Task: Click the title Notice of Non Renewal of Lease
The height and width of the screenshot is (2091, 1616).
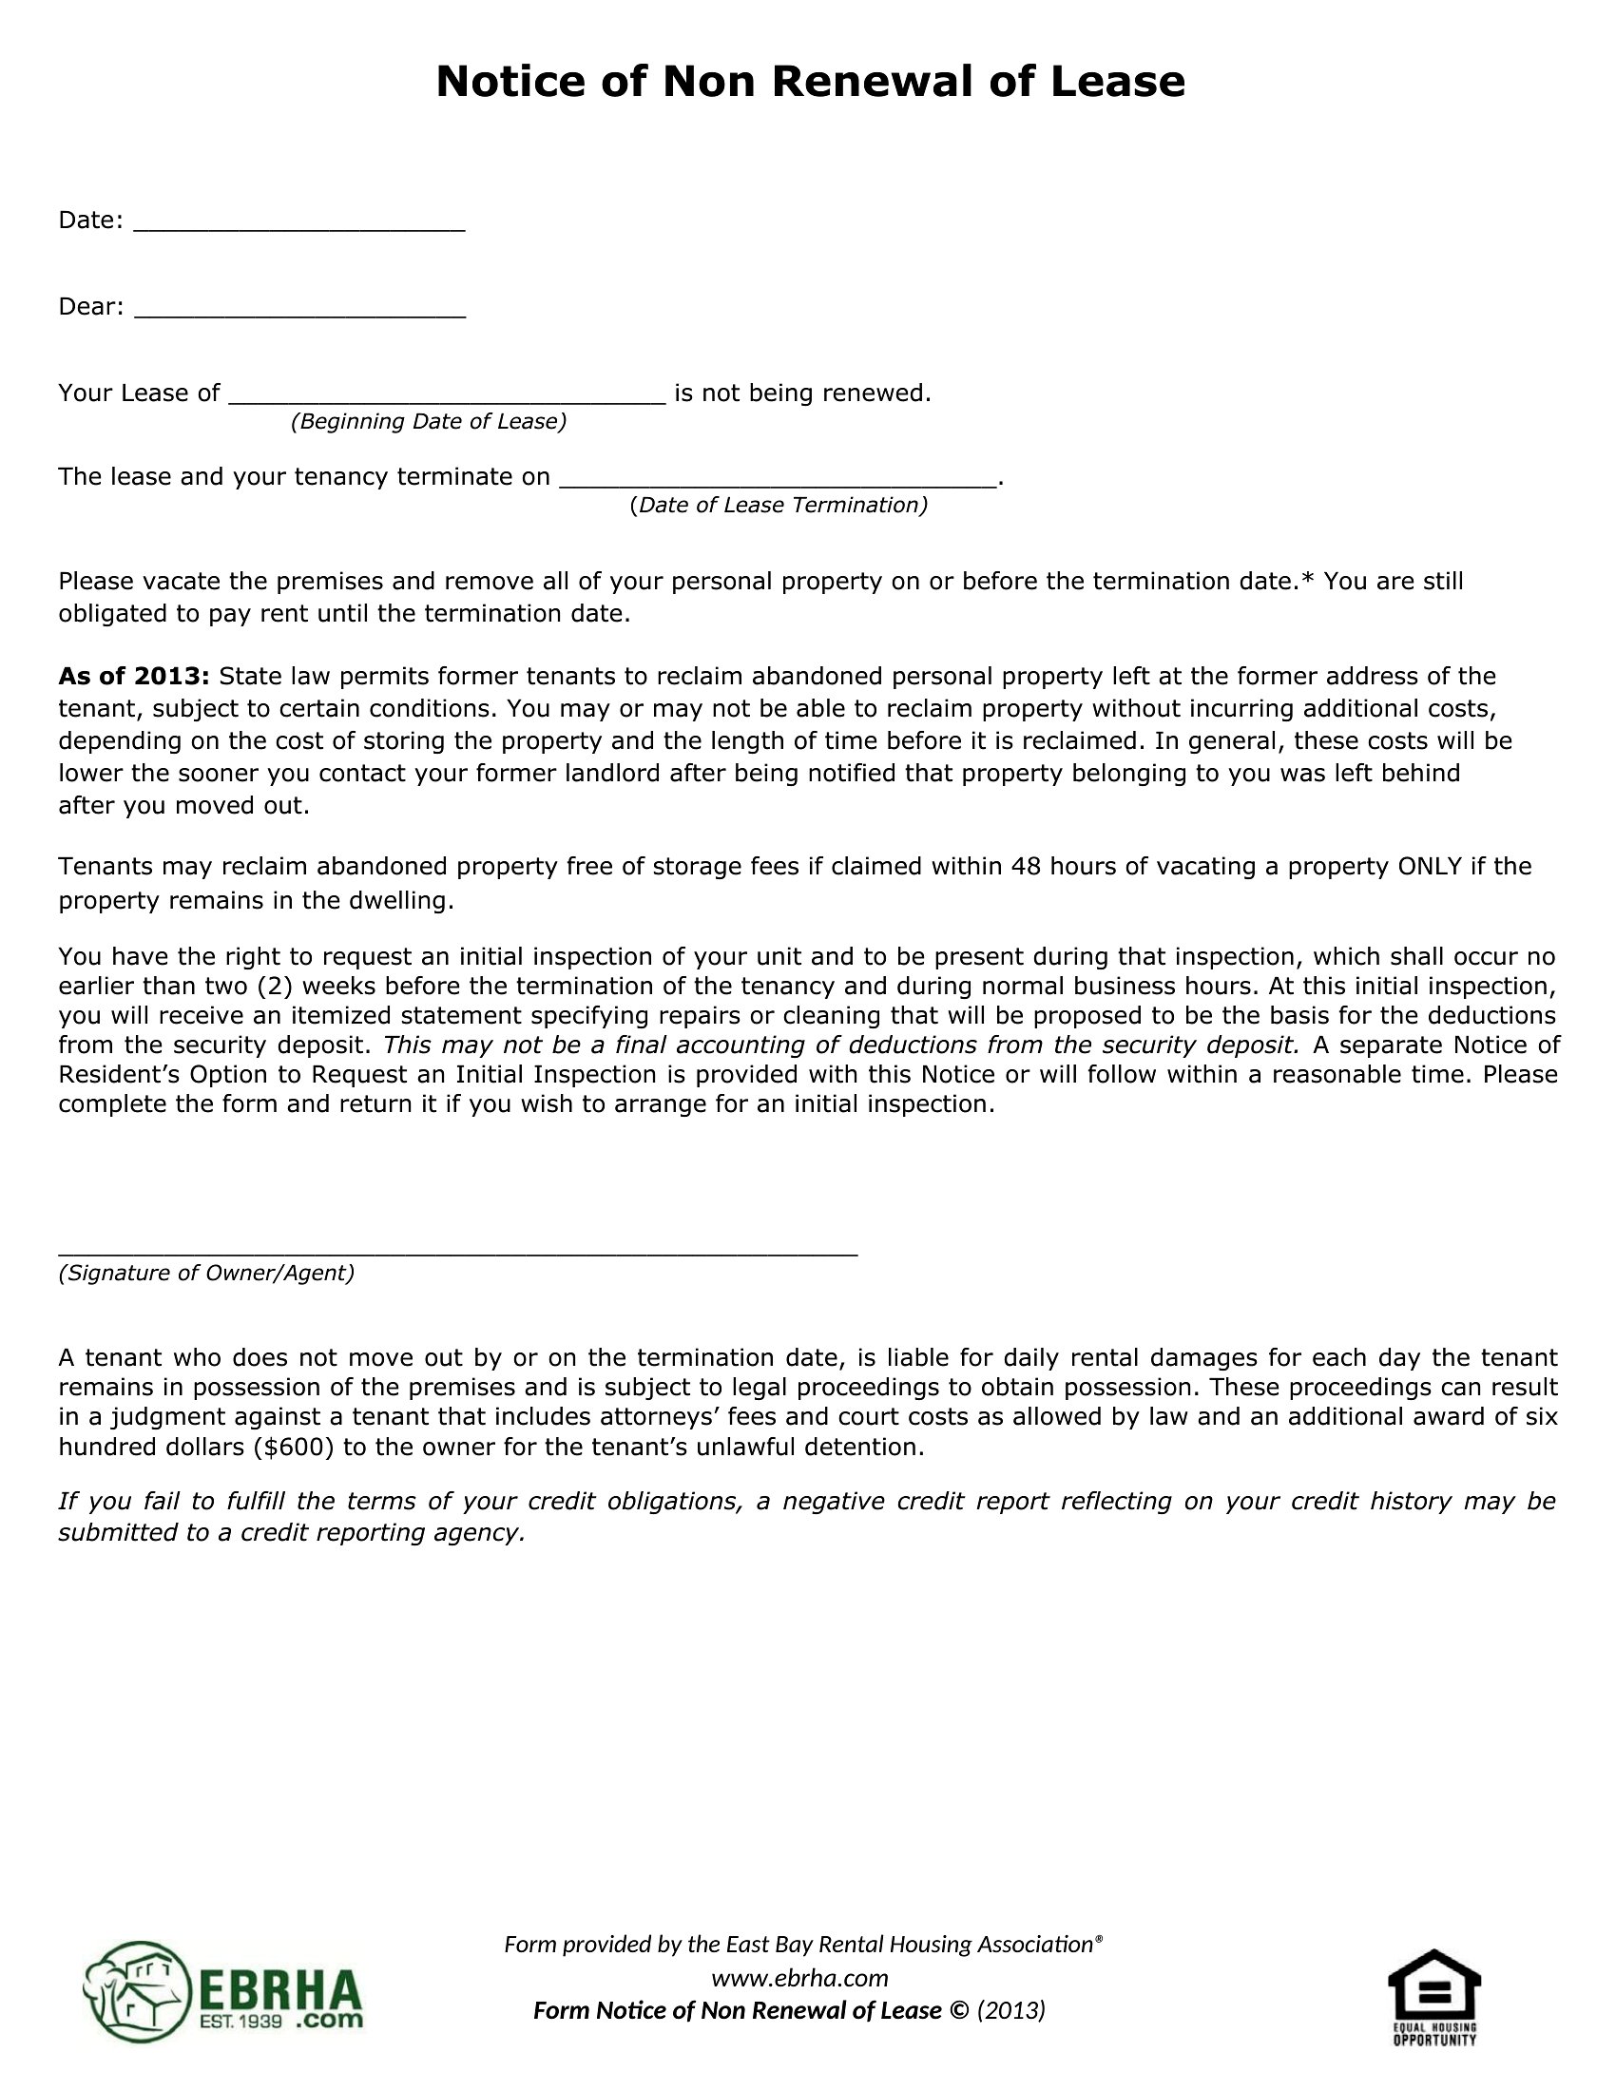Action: (810, 83)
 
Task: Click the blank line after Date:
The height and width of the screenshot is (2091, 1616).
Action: (298, 228)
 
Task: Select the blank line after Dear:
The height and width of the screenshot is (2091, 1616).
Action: (298, 314)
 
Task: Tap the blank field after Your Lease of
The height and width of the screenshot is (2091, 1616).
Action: (446, 401)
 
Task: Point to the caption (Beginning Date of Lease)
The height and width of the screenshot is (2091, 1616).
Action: (428, 422)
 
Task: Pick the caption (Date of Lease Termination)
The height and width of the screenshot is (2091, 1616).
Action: (779, 506)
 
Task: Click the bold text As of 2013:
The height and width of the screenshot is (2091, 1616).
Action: (134, 677)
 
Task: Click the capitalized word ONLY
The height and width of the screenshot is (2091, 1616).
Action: (1431, 867)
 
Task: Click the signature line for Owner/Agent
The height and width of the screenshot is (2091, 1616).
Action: (457, 1252)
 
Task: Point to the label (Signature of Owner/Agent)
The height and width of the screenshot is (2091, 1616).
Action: (206, 1274)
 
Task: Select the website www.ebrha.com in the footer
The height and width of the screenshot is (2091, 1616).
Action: (799, 1978)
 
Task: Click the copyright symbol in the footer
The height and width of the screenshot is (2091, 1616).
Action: (958, 2010)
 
